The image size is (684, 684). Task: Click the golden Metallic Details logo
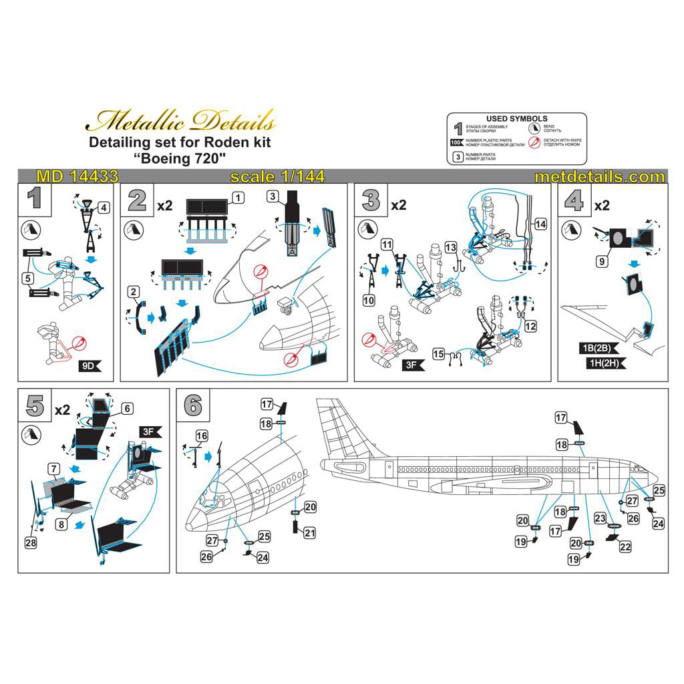[x=181, y=122]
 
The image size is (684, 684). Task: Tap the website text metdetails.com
[x=600, y=177]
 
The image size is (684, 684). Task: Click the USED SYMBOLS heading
[x=516, y=119]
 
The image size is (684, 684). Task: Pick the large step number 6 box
[x=192, y=405]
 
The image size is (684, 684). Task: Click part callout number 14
[x=540, y=224]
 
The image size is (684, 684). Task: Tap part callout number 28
[x=30, y=543]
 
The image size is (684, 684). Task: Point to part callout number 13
[x=452, y=248]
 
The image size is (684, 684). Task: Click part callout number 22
[x=625, y=546]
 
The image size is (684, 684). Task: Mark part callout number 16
[x=202, y=436]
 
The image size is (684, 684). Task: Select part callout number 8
[x=61, y=525]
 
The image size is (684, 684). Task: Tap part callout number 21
[x=310, y=532]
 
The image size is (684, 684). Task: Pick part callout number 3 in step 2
[x=273, y=196]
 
